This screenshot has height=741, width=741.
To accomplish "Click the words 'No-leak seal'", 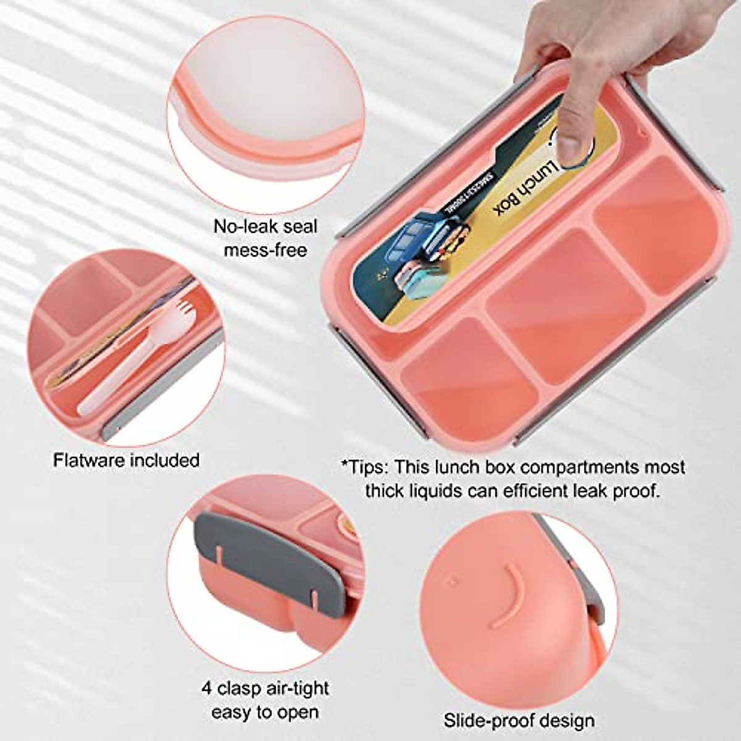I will pyautogui.click(x=266, y=227).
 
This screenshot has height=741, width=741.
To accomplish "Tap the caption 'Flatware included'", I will pyautogui.click(x=126, y=460).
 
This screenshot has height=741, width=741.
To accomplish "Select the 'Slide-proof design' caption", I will pyautogui.click(x=519, y=720).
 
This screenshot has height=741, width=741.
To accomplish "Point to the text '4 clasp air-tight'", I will pyautogui.click(x=265, y=688).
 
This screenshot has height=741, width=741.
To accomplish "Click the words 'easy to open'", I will pyautogui.click(x=265, y=711).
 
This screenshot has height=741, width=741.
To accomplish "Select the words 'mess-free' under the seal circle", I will pyautogui.click(x=266, y=250).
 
